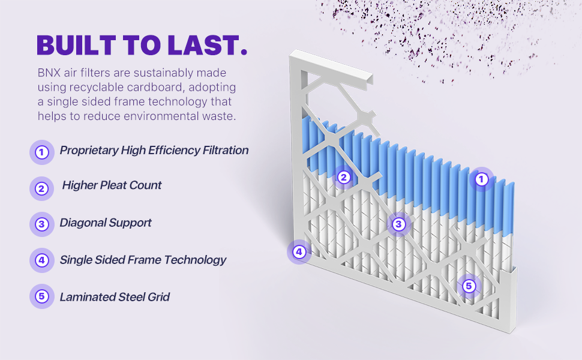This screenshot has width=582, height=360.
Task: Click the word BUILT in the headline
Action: [76, 45]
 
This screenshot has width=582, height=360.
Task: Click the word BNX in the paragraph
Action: [49, 73]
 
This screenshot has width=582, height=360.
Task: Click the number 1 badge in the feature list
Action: [42, 152]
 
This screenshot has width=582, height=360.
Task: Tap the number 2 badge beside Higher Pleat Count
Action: [42, 188]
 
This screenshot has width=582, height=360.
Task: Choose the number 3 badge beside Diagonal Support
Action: [42, 224]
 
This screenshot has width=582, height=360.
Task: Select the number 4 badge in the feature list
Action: [42, 260]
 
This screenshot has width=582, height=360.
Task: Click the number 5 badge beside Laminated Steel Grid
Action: [42, 296]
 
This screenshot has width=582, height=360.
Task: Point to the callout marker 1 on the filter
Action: [481, 179]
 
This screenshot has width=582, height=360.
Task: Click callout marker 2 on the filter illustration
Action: [344, 178]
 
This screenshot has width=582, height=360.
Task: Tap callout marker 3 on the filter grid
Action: [398, 224]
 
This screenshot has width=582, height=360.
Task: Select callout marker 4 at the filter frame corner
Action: [299, 252]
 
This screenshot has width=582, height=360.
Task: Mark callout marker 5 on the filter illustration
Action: [469, 286]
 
